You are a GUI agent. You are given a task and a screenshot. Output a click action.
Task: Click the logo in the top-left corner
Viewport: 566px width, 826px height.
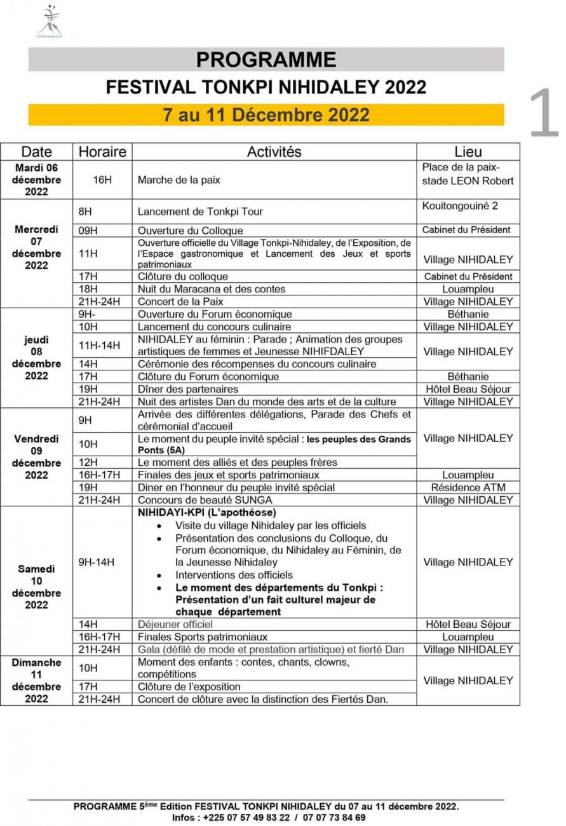[50, 22]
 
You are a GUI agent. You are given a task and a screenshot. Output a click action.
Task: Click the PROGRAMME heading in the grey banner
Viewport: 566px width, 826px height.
[266, 60]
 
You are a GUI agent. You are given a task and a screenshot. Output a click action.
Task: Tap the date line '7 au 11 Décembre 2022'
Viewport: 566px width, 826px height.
[266, 115]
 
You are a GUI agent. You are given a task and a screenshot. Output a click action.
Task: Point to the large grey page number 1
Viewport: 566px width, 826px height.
[544, 114]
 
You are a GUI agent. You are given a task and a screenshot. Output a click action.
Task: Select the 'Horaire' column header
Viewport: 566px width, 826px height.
[102, 152]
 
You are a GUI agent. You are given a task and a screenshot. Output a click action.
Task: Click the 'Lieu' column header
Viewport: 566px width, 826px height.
[468, 152]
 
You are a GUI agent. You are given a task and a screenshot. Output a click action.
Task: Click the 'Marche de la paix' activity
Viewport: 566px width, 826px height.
[179, 180]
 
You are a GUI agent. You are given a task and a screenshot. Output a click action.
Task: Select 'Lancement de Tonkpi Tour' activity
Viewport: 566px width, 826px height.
[200, 211]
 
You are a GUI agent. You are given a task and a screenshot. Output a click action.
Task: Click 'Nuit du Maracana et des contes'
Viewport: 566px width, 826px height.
[212, 289]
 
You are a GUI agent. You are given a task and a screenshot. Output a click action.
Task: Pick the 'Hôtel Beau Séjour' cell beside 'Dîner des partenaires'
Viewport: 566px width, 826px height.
[468, 389]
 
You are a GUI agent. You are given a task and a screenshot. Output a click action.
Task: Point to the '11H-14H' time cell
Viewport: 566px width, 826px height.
[99, 345]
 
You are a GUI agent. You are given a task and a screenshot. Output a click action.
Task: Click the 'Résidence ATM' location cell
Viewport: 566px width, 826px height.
[468, 487]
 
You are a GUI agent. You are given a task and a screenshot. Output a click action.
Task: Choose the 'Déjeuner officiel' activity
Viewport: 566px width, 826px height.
[175, 624]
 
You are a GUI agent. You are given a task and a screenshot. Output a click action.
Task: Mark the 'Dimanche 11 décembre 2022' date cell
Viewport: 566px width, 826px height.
[37, 680]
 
